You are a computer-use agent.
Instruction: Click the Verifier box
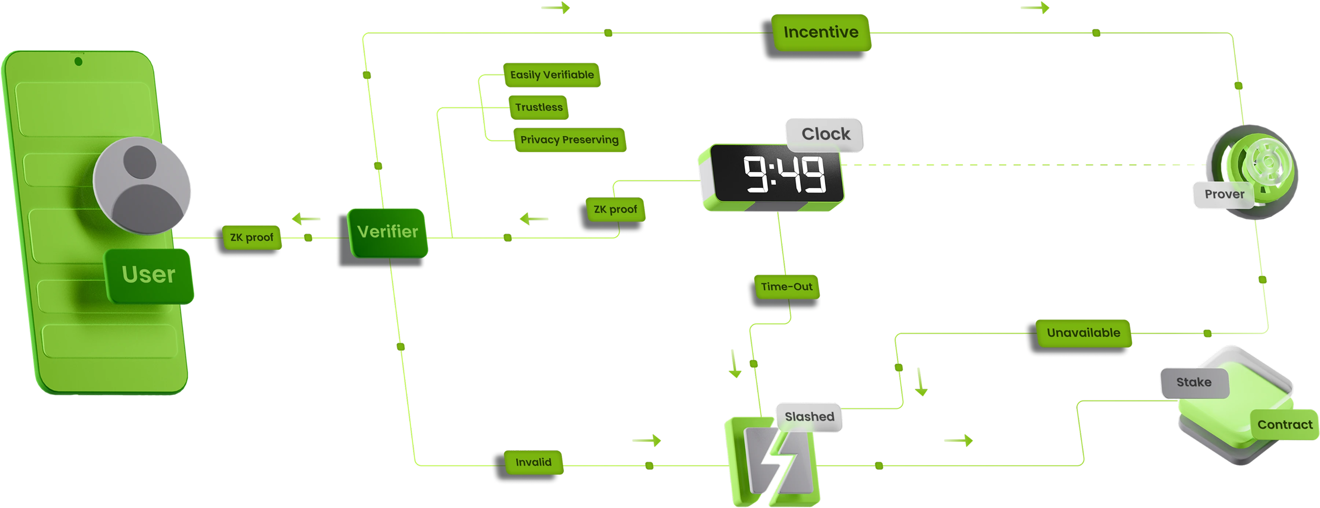pyautogui.click(x=388, y=232)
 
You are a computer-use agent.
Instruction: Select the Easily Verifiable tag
pyautogui.click(x=551, y=75)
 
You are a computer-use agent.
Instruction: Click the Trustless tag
pyautogui.click(x=539, y=107)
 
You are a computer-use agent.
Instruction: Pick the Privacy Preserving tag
pyautogui.click(x=569, y=139)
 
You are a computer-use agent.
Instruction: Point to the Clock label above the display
pyautogui.click(x=825, y=134)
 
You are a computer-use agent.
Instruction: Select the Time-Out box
pyautogui.click(x=786, y=287)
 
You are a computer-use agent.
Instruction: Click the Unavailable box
pyautogui.click(x=1083, y=333)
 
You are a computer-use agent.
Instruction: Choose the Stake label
pyautogui.click(x=1193, y=382)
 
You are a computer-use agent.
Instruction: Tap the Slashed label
pyautogui.click(x=809, y=416)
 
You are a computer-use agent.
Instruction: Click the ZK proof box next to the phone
pyautogui.click(x=251, y=237)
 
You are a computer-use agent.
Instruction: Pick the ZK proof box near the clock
pyautogui.click(x=615, y=209)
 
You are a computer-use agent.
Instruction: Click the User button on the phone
pyautogui.click(x=148, y=275)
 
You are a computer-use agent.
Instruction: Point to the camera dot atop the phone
pyautogui.click(x=78, y=62)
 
